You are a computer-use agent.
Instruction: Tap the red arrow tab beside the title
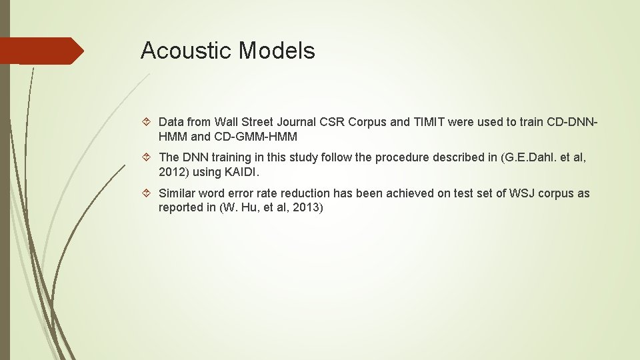click(x=41, y=51)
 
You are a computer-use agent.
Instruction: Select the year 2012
click(x=171, y=173)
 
